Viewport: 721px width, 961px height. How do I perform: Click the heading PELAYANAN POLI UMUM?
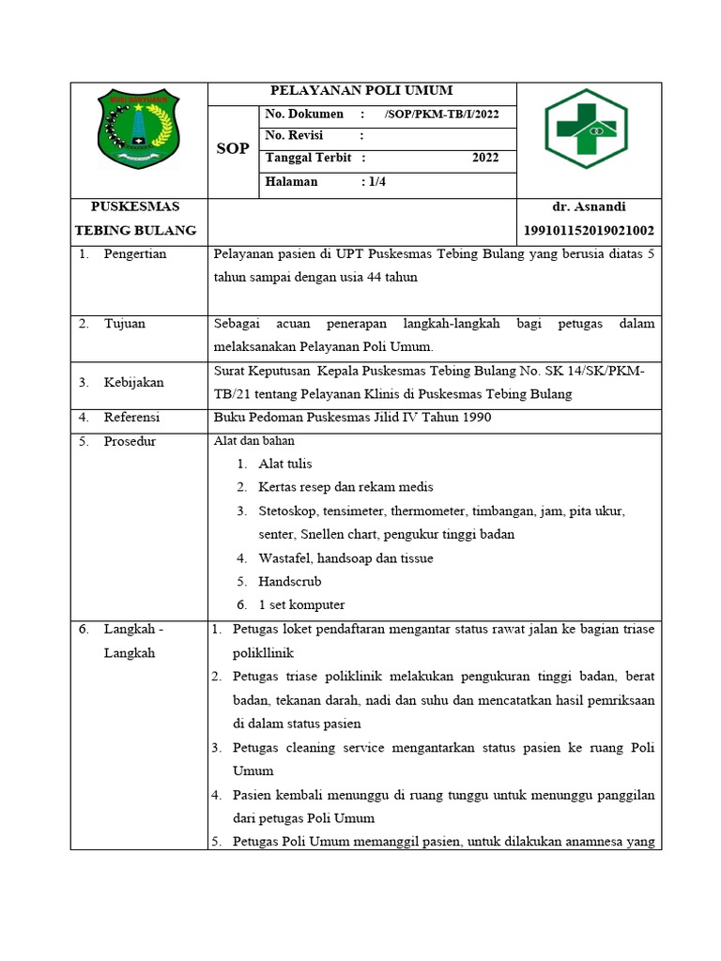pos(361,91)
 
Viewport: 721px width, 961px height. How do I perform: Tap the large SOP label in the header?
pos(233,149)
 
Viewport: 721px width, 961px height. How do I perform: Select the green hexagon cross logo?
pos(587,129)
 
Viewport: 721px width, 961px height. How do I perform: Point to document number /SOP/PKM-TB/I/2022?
pos(441,114)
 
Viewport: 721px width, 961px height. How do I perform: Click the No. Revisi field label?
pos(294,136)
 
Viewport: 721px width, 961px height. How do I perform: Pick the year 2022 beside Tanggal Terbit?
pos(485,158)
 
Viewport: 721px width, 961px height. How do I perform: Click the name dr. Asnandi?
pos(591,206)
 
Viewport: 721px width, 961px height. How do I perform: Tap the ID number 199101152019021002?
pos(590,231)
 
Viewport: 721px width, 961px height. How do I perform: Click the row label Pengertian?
pos(135,254)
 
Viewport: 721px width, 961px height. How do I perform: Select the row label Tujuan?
pos(124,324)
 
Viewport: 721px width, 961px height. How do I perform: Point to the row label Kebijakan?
pos(134,382)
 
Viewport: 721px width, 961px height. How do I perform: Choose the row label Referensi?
pos(131,417)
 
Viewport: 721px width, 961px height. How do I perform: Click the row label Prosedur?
pos(130,441)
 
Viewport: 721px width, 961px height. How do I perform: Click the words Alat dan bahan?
pos(254,440)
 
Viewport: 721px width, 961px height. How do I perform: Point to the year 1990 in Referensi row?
pos(473,417)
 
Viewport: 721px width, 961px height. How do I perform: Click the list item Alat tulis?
pos(285,464)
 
